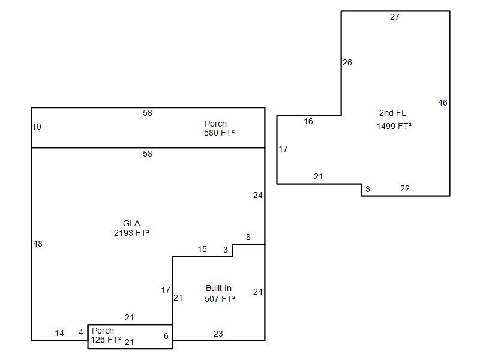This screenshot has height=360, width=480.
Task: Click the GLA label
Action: click(131, 223)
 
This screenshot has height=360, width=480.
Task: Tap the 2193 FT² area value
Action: click(131, 233)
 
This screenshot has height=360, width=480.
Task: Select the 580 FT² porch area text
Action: click(219, 133)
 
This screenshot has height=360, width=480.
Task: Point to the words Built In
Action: click(218, 288)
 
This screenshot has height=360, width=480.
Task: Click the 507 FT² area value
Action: click(220, 299)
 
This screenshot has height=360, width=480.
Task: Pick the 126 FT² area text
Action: click(106, 340)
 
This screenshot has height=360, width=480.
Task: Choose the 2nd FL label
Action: click(392, 113)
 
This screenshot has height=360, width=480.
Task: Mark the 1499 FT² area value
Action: click(394, 126)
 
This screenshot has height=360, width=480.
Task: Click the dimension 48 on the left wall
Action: click(38, 244)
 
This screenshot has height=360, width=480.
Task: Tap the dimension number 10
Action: click(37, 127)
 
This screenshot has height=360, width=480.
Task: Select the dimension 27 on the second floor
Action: click(395, 17)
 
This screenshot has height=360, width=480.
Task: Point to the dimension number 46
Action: click(443, 103)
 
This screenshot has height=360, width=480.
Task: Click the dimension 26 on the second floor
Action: click(347, 62)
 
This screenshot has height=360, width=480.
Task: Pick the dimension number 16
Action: click(308, 122)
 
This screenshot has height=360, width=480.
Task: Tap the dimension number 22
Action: click(404, 188)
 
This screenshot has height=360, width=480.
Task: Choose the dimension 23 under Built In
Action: click(218, 334)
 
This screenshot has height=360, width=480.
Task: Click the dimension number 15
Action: click(202, 249)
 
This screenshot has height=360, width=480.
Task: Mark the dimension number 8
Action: click(248, 237)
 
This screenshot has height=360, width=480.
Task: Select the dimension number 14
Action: click(59, 333)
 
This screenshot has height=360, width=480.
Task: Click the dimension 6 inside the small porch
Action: click(166, 336)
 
